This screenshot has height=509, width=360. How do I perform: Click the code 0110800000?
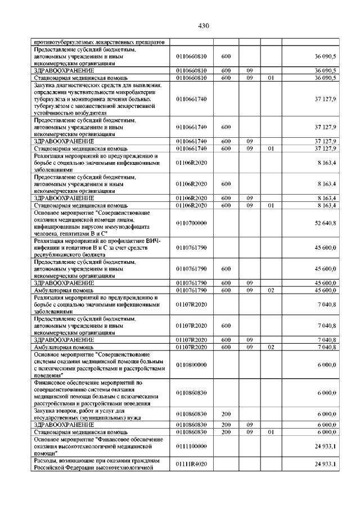click(x=191, y=364)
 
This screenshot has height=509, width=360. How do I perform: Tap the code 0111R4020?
click(x=191, y=464)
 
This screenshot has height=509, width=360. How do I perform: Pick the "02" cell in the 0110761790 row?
click(x=271, y=290)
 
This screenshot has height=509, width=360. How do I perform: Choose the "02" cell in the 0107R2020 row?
click(x=271, y=348)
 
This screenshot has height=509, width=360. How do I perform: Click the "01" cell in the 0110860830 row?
click(x=271, y=432)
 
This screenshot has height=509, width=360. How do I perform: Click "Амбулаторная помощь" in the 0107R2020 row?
click(x=64, y=348)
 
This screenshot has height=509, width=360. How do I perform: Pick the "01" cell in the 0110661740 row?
click(x=271, y=148)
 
